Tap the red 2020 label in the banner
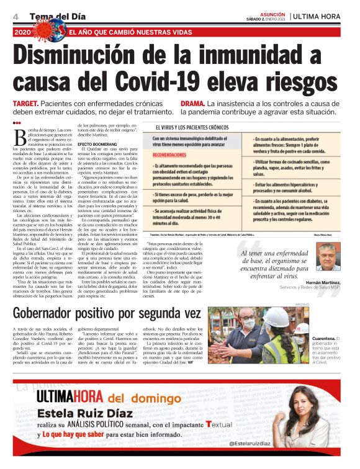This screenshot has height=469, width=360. (22, 32)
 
